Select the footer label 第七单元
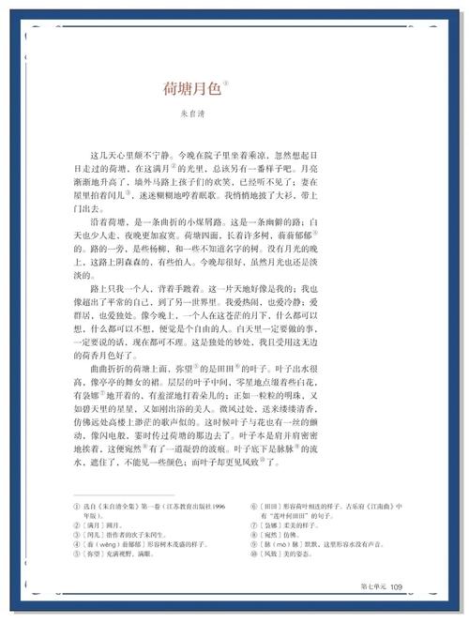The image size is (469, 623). coord(372,587)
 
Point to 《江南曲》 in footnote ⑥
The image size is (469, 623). coord(373,505)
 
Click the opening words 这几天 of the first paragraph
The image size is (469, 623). coord(100,152)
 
